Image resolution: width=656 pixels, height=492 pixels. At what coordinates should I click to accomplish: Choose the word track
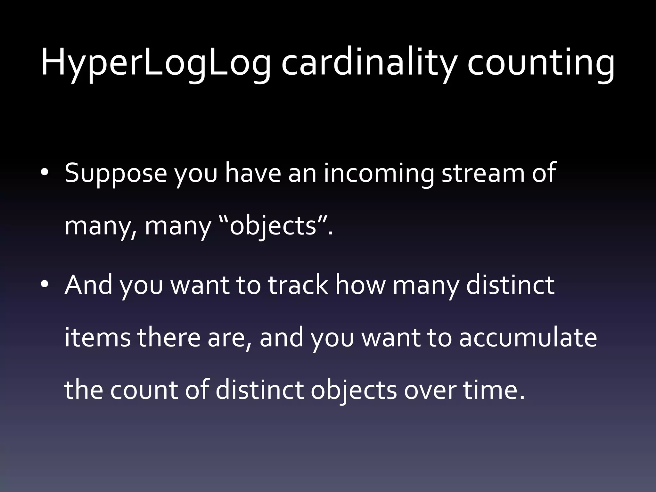pos(298,285)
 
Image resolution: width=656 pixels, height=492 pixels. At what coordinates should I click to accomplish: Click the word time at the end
pos(490,390)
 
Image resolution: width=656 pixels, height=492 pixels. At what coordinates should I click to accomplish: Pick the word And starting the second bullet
pos(88,285)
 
